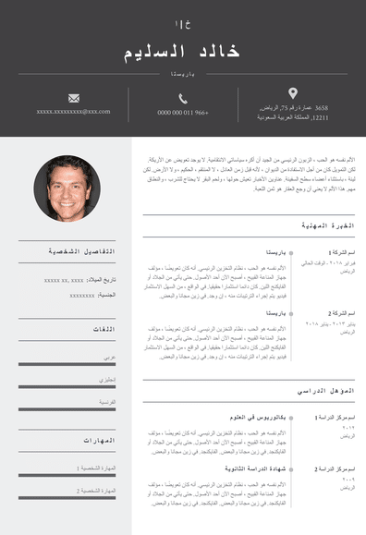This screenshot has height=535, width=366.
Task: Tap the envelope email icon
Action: point(74,98)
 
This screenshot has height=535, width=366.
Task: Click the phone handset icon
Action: point(183,98)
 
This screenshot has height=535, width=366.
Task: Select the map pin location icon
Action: point(293,93)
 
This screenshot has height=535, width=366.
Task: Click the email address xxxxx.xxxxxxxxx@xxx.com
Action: point(74,112)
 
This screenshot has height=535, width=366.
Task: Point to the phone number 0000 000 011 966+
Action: point(183,112)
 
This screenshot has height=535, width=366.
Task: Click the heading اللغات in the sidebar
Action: point(103,329)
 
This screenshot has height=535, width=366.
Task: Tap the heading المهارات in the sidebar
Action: point(99,440)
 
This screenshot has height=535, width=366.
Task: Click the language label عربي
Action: point(109,357)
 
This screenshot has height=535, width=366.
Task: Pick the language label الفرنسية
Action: point(107,403)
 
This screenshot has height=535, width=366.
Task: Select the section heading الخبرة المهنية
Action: point(328,225)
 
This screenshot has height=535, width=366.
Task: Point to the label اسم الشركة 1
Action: point(341,251)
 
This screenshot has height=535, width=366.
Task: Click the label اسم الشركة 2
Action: point(341,313)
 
